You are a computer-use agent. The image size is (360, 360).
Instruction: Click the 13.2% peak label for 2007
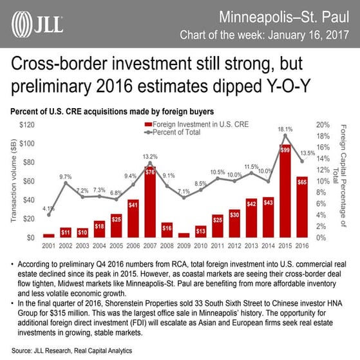point(150,156)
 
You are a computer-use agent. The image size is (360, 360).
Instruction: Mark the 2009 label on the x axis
point(183,245)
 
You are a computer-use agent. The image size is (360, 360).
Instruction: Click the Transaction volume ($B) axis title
point(14,180)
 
